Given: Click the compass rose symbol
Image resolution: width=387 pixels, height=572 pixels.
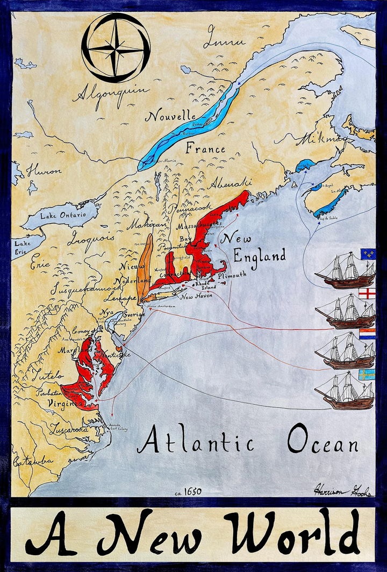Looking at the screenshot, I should coord(116,48).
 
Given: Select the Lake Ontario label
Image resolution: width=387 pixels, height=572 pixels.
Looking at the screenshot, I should coord(63,215).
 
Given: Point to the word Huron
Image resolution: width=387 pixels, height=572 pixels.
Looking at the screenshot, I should coord(44,171).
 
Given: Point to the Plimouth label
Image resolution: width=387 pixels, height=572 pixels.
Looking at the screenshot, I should coord(232,275).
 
